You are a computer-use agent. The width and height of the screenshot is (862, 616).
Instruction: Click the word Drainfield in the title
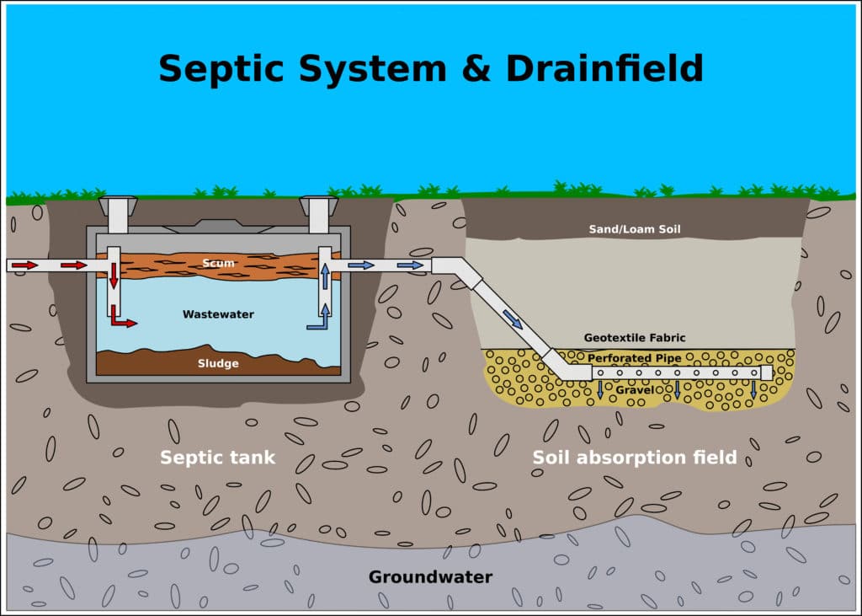pyautogui.click(x=604, y=68)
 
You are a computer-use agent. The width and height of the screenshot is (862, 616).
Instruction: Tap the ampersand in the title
pyautogui.click(x=476, y=69)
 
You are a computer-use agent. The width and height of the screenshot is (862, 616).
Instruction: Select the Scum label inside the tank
pyautogui.click(x=218, y=263)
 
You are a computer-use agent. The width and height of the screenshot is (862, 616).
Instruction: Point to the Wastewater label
pyautogui.click(x=218, y=314)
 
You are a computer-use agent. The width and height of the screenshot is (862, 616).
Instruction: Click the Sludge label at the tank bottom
pyautogui.click(x=218, y=363)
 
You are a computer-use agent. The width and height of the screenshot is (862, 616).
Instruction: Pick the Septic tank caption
pyautogui.click(x=217, y=458)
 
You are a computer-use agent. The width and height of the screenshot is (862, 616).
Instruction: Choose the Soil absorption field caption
pyautogui.click(x=635, y=458)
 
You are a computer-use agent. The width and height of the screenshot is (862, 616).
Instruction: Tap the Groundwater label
pyautogui.click(x=430, y=577)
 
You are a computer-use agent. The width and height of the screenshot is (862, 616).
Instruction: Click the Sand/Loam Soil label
pyautogui.click(x=635, y=229)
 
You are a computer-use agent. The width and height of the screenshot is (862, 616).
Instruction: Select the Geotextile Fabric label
pyautogui.click(x=635, y=337)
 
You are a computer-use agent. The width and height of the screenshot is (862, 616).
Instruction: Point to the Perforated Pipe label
pyautogui.click(x=635, y=358)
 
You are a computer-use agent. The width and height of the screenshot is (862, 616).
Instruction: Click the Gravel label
pyautogui.click(x=635, y=390)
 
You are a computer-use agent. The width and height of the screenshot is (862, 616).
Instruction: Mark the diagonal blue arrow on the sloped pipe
pyautogui.click(x=513, y=319)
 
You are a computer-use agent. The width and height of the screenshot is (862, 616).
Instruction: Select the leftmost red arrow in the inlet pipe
pyautogui.click(x=24, y=265)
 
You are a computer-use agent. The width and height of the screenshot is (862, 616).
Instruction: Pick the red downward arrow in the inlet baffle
pyautogui.click(x=114, y=276)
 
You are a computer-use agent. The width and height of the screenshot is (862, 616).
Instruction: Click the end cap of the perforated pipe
pyautogui.click(x=766, y=372)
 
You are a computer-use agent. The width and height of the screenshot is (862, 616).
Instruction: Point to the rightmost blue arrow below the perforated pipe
pyautogui.click(x=753, y=390)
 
